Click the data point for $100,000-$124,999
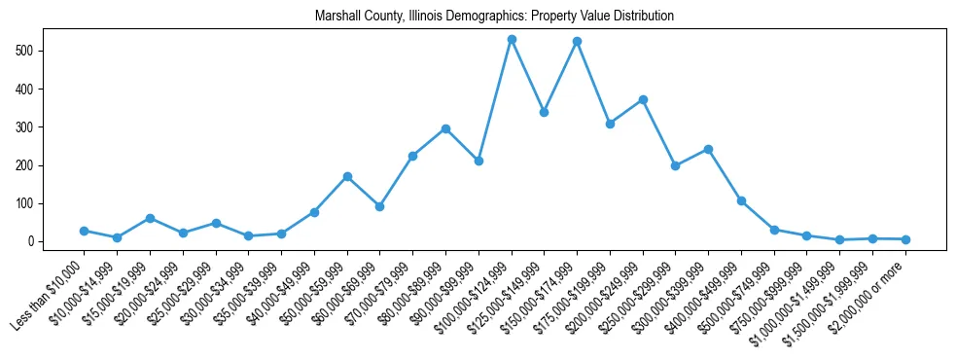point(512,40)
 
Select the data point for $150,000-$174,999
point(577,42)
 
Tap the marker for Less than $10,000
point(85,231)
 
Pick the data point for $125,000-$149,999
point(545,112)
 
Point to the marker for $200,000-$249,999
point(643,99)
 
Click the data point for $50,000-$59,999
point(347,176)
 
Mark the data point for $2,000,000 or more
point(905,239)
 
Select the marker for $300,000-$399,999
point(708,149)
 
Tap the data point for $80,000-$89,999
point(445,128)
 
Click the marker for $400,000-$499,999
point(741,200)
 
